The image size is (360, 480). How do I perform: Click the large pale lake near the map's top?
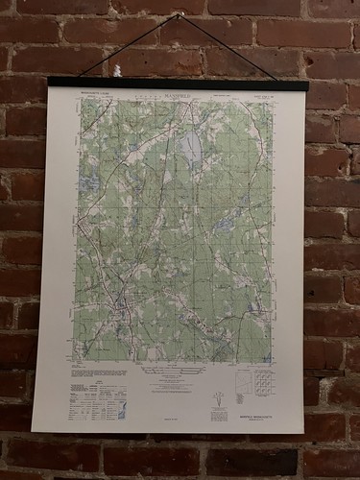coord(189,147)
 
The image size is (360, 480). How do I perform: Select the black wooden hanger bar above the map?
coord(179,84)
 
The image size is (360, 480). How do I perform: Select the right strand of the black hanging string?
coord(230,48)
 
